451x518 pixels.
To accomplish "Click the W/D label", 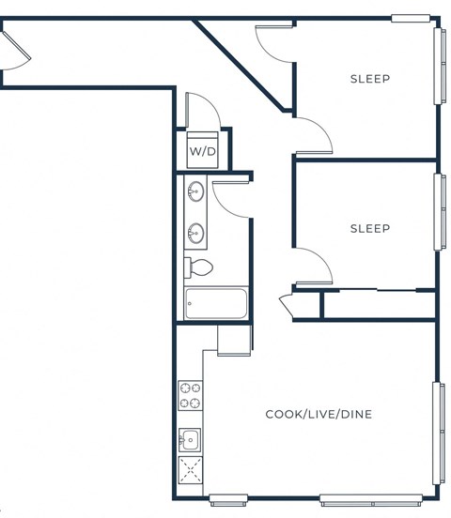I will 202,151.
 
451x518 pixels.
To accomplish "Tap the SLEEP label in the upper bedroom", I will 369,79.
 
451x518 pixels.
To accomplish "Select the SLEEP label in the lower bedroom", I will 369,228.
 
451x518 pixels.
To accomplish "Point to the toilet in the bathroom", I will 199,268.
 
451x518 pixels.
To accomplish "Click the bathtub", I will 216,304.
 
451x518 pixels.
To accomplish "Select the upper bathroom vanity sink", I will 195,193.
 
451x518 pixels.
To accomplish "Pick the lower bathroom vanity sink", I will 195,231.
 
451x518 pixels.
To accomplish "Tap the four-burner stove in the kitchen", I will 190,395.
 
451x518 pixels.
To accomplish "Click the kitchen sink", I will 190,438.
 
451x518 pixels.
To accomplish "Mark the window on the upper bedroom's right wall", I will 438,65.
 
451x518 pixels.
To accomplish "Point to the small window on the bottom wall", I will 228,498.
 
